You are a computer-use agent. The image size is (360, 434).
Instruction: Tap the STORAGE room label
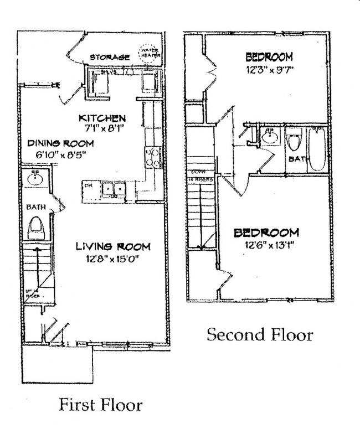(x=110, y=57)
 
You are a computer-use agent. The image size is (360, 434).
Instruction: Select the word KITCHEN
(x=103, y=118)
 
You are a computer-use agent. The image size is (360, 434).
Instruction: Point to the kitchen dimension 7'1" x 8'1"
(x=103, y=128)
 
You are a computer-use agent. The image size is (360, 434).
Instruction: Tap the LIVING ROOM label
(x=113, y=246)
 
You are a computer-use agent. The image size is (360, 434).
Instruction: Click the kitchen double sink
(x=114, y=190)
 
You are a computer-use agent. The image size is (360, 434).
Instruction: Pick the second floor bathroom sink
(x=269, y=136)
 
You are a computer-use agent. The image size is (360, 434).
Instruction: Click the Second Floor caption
(x=260, y=334)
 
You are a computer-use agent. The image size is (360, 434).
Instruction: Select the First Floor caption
(x=100, y=405)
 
